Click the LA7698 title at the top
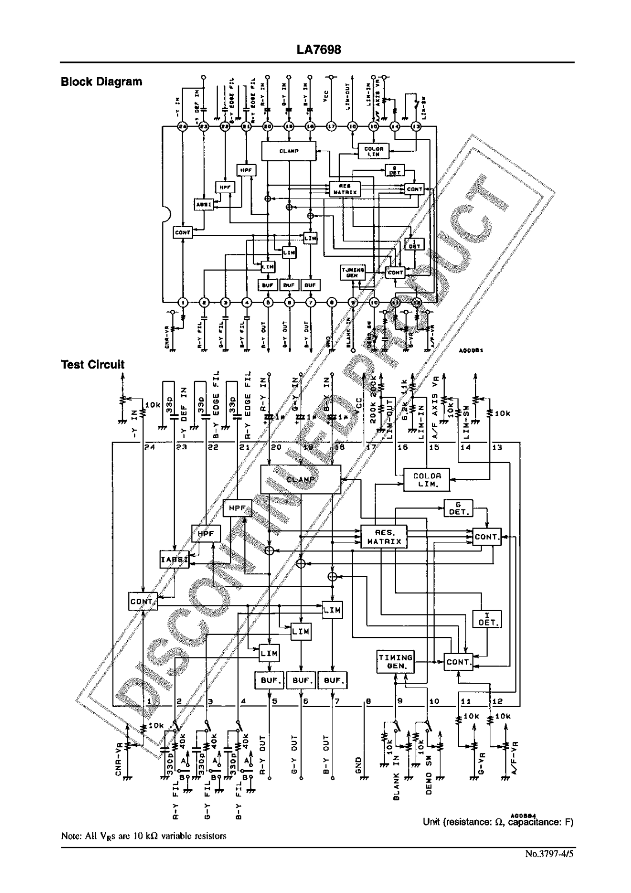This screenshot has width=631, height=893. click(319, 50)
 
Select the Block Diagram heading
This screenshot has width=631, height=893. click(101, 81)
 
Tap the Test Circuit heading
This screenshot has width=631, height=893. click(92, 364)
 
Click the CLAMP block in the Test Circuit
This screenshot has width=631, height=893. click(301, 479)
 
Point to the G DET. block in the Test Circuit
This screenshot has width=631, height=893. click(459, 508)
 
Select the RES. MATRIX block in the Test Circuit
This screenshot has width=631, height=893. click(384, 537)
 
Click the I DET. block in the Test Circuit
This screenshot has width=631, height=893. click(487, 618)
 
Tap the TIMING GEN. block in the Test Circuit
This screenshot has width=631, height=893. click(395, 661)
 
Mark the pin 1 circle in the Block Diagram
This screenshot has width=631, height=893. click(182, 303)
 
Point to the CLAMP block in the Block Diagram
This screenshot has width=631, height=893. click(288, 151)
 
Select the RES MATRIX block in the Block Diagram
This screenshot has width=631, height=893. click(345, 189)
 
